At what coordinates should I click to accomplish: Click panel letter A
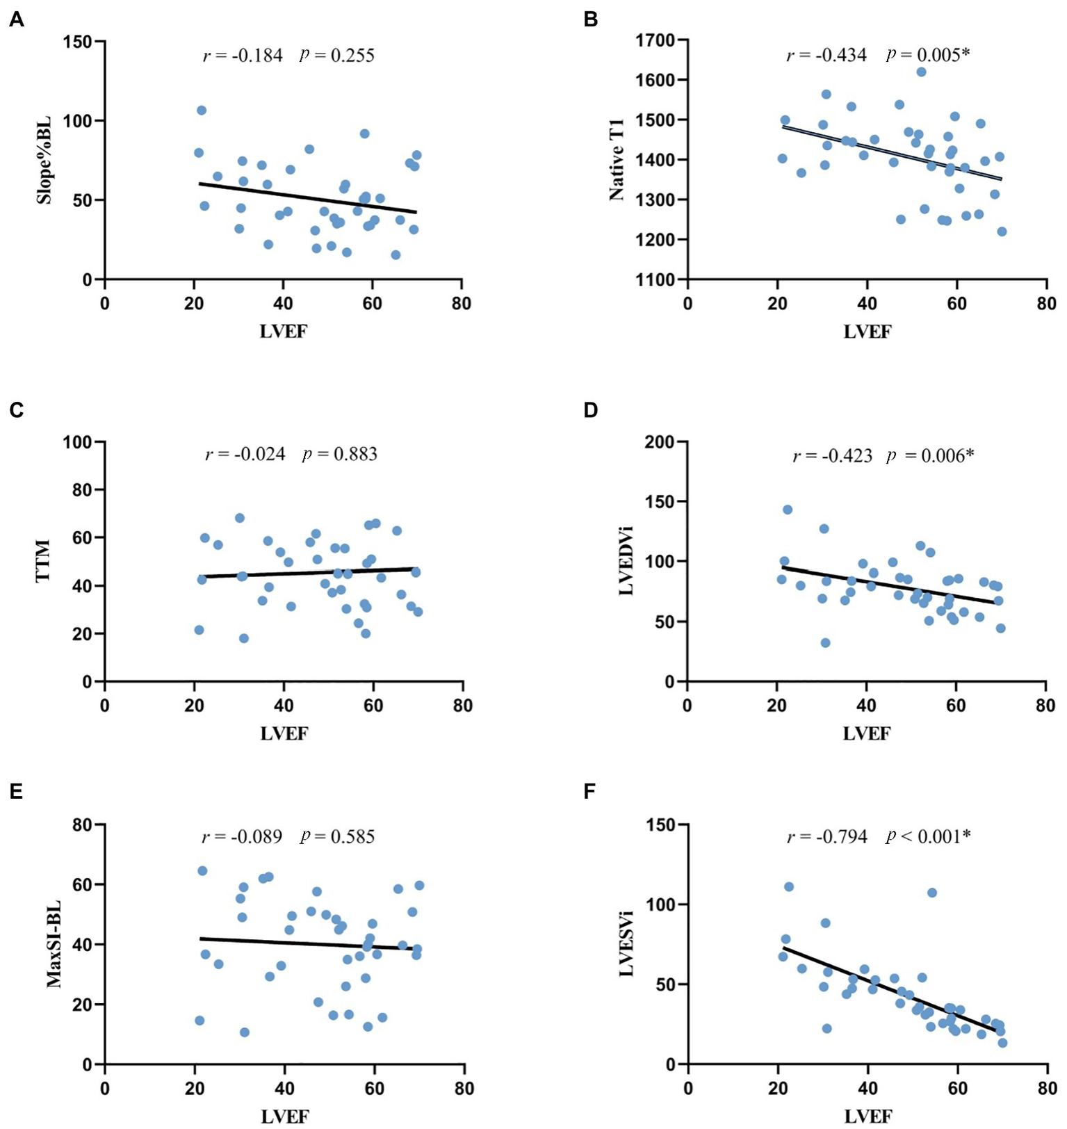pos(16,19)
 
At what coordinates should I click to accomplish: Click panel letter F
pos(590,792)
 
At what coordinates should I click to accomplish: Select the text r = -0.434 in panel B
pos(826,56)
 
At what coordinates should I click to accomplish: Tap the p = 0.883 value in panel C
pos(340,455)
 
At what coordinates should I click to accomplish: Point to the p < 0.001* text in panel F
pos(928,836)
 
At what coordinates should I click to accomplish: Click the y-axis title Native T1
pos(617,159)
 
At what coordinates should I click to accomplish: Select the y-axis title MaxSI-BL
pos(54,944)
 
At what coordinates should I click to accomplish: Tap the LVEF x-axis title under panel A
pos(283,332)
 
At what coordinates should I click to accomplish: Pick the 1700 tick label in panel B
pos(655,41)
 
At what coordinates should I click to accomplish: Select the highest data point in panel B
pos(921,72)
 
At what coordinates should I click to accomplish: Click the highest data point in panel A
pos(202,111)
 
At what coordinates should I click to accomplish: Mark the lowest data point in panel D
pos(825,642)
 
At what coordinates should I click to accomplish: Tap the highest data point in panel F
pos(788,886)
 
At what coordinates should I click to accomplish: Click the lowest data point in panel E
pos(244,1032)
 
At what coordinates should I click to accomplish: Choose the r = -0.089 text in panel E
pos(242,836)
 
